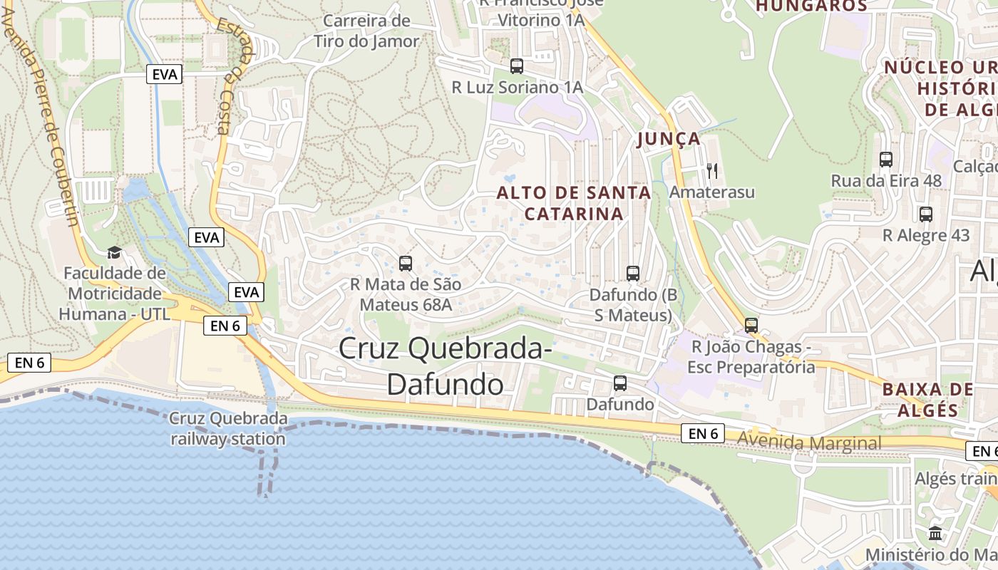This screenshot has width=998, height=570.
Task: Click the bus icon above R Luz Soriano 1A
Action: tap(517, 66)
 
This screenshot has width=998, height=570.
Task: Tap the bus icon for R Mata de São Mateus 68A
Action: tap(406, 264)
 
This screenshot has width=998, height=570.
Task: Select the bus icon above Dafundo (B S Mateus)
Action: tap(633, 273)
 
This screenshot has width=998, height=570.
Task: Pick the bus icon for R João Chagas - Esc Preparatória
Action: tap(751, 326)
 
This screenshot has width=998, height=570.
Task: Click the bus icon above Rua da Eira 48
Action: tap(886, 160)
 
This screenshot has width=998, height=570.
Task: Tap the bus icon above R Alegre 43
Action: tap(926, 214)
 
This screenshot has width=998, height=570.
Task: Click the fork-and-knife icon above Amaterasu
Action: tap(711, 170)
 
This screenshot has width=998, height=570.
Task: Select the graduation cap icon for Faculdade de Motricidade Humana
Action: tap(114, 252)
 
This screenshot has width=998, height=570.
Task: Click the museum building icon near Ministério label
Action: tap(935, 533)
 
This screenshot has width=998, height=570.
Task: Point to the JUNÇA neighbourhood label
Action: tap(669, 139)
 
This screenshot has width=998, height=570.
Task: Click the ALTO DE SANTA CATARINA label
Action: tap(574, 203)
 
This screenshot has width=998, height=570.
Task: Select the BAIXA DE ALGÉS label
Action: tap(927, 400)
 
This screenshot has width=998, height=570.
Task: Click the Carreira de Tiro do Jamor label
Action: tap(366, 31)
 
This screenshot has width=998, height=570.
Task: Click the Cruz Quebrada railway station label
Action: tap(228, 428)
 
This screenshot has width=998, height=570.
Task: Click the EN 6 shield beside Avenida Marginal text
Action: tap(703, 433)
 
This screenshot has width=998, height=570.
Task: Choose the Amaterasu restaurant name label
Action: tap(711, 192)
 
